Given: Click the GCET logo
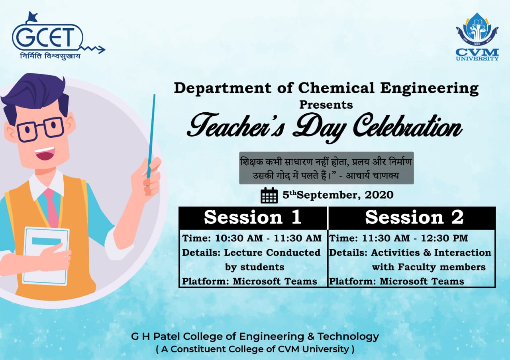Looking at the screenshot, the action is click(x=58, y=36).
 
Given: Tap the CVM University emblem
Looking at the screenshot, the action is click(x=477, y=37).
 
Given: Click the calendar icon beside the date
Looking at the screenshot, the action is click(x=269, y=195).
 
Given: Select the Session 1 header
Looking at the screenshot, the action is click(x=253, y=217).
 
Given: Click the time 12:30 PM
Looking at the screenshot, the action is click(x=444, y=238).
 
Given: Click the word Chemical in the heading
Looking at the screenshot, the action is click(x=336, y=88).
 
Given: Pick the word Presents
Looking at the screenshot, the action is click(x=326, y=105).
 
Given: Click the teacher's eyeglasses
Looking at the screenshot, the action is click(x=40, y=129).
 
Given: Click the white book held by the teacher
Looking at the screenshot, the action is click(x=46, y=256).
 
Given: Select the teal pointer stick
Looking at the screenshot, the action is click(x=151, y=137).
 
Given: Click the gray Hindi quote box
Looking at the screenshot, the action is click(x=326, y=168).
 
